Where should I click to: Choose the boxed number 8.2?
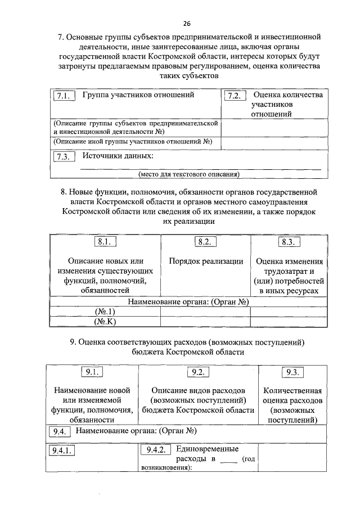[205, 242]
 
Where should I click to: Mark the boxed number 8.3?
[290, 242]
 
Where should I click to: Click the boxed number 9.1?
[92, 372]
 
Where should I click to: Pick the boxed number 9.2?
[197, 372]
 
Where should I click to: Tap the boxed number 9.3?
[292, 372]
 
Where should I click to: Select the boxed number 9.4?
[59, 432]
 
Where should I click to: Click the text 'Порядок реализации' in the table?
[206, 262]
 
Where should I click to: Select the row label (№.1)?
[105, 312]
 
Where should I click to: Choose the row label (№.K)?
[105, 322]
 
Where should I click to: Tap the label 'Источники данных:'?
[118, 156]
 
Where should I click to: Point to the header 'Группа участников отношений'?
[138, 95]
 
